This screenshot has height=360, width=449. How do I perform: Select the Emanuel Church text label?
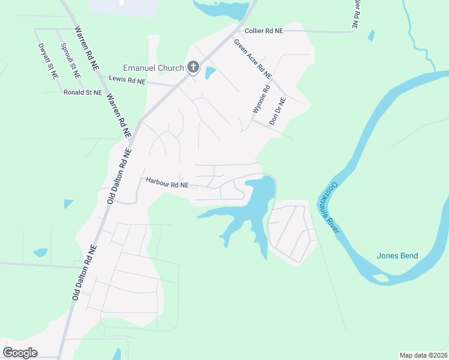153,68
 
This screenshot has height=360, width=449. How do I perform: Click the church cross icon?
193,67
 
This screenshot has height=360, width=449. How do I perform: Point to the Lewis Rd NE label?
127,80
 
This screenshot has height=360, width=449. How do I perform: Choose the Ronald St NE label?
83,92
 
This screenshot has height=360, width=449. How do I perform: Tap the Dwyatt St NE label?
48,61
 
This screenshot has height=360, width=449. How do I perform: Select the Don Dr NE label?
278,110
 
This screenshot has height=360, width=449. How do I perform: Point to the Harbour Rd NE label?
167,185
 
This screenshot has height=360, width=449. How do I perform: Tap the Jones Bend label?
397,256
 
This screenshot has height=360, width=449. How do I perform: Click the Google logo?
20,352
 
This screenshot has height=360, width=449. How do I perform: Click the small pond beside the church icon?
210,73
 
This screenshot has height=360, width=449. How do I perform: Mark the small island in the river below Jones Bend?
380,278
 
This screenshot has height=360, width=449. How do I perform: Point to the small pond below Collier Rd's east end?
371,35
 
